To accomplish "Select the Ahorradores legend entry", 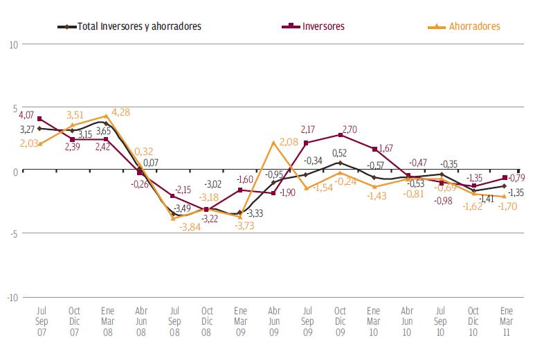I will point(473,26).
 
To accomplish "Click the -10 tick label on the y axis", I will point(12,297).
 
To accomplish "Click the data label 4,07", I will point(26,114).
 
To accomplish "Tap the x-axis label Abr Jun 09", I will point(273,321).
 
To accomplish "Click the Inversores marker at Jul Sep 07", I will point(40,119).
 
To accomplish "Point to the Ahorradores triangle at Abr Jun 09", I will point(273,143).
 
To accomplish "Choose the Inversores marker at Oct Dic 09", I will point(340,135).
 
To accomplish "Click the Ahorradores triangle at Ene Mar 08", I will point(107,116).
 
